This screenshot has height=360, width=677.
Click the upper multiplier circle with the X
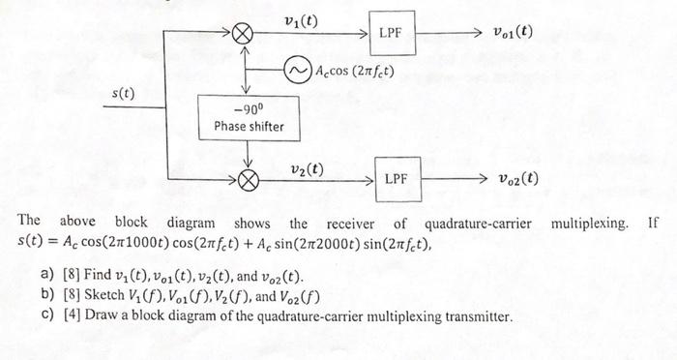pos(248,34)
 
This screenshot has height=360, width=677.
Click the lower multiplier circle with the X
pos(249,179)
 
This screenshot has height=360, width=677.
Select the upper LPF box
pos(391,34)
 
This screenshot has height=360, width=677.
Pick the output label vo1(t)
pos(509,32)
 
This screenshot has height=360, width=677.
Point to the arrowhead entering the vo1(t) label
pos(476,33)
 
